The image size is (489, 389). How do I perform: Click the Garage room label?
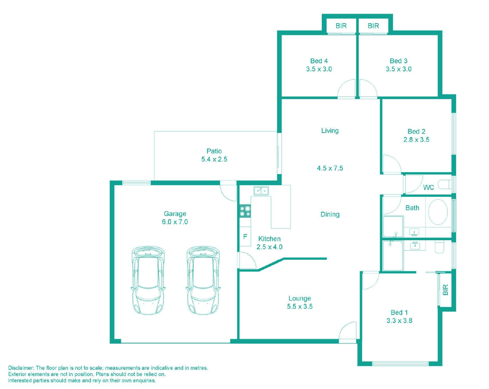click(175, 214)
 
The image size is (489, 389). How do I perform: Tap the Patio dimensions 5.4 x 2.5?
click(214, 159)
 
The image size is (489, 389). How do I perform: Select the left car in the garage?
click(148, 281)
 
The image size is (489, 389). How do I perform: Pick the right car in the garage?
click(203, 281)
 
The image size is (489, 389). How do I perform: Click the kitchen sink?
click(261, 191)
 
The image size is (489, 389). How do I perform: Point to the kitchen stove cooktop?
click(245, 211)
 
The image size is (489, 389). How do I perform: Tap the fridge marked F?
click(245, 237)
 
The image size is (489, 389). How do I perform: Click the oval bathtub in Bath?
click(438, 212)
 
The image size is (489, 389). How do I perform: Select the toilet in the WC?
click(445, 184)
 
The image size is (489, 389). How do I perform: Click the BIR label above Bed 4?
click(341, 26)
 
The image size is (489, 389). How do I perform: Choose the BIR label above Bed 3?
click(373, 26)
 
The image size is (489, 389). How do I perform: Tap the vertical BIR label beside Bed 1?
click(445, 290)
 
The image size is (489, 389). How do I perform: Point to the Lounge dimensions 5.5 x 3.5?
click(300, 307)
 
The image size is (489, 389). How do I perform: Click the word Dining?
click(330, 214)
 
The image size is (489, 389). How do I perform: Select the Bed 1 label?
click(399, 312)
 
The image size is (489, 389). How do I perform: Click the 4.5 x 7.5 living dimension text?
click(330, 168)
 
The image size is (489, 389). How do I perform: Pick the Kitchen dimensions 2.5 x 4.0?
click(270, 247)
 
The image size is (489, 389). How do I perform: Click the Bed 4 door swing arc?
click(343, 84)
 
